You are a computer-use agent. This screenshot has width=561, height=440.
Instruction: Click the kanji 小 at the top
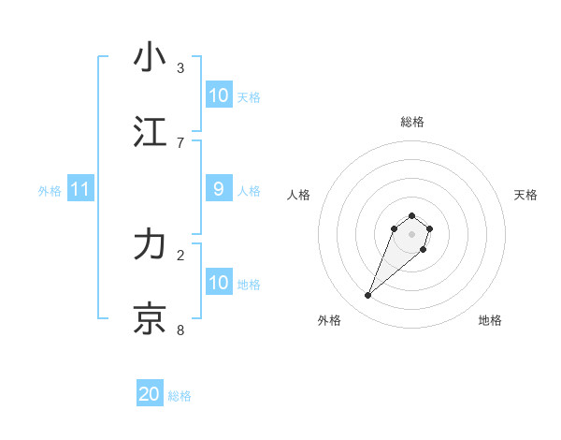tap(150, 57)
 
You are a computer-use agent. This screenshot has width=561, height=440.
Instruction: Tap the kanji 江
tap(150, 132)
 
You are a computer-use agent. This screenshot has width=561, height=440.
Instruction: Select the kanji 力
tap(150, 244)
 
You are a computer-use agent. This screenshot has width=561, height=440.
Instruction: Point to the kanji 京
tap(150, 319)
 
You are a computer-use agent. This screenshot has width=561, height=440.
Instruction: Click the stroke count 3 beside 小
tap(180, 67)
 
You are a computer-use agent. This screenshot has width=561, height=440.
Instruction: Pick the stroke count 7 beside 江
tap(180, 142)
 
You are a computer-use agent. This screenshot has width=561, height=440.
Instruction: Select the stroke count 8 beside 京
tap(180, 330)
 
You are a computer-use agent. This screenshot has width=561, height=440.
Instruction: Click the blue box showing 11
tap(80, 189)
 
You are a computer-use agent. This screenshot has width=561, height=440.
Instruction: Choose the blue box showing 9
tap(218, 189)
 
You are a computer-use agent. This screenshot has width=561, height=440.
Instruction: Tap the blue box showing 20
tap(150, 394)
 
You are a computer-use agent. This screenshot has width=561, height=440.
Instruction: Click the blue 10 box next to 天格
tap(218, 95)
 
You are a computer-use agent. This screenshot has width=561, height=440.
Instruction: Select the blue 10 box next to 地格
tap(218, 283)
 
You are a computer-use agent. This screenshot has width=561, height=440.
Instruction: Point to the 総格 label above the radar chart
tap(411, 122)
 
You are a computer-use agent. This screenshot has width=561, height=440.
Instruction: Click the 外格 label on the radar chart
tap(329, 320)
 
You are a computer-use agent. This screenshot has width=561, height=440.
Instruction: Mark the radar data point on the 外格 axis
tap(368, 296)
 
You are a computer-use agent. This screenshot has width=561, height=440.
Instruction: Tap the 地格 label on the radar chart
tap(490, 320)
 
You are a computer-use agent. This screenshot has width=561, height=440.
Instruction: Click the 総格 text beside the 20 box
tap(180, 396)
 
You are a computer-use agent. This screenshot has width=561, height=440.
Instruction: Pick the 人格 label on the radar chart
tap(299, 195)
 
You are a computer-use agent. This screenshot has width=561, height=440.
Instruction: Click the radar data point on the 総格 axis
tap(411, 213)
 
